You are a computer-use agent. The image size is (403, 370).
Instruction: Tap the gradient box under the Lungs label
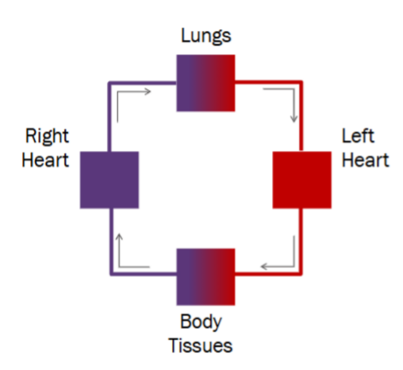point(206,82)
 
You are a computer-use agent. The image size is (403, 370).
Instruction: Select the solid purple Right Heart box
point(110,180)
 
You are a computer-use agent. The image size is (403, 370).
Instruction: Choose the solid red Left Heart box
point(302,180)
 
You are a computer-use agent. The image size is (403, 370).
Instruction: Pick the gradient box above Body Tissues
point(206,276)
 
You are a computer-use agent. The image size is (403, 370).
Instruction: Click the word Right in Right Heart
point(47,137)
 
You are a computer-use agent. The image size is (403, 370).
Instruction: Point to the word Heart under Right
point(45,160)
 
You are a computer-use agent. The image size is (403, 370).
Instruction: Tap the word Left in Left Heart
point(358,137)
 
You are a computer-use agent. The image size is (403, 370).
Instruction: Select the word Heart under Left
point(365,160)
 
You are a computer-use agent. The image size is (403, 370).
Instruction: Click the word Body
point(201,322)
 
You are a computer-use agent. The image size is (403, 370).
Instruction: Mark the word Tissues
point(201,345)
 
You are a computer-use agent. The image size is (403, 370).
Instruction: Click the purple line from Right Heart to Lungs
point(110,118)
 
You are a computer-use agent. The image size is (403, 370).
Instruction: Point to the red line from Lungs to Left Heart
point(302,118)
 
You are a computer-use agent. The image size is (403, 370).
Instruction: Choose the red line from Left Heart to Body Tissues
point(302,242)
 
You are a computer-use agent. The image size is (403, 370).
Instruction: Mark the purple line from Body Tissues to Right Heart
point(110,242)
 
